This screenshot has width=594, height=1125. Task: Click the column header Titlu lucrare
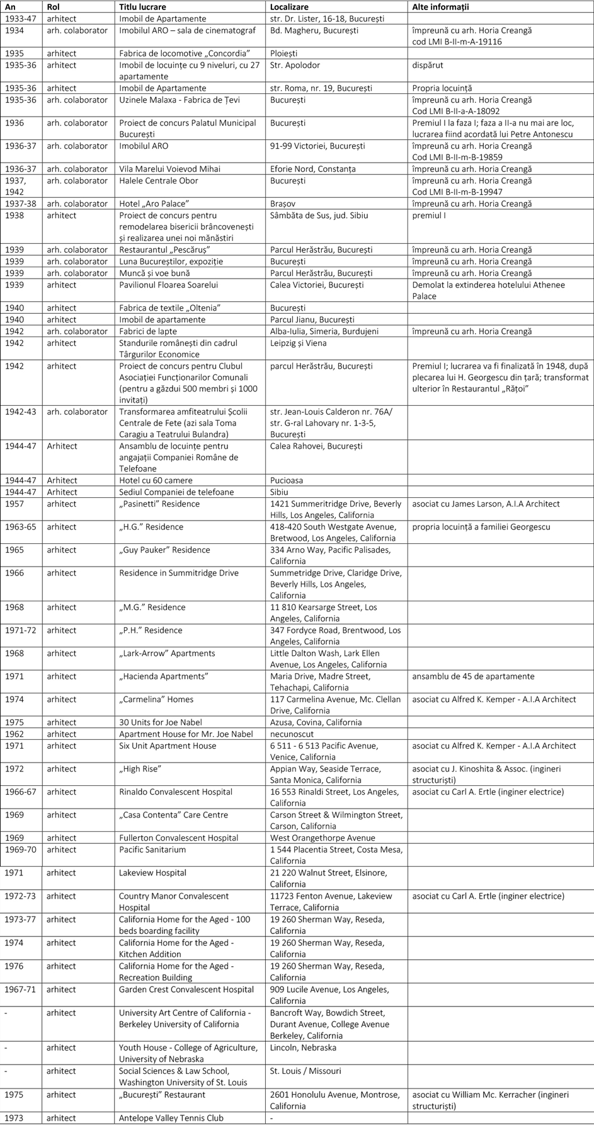coord(145,7)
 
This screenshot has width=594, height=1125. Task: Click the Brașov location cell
coord(283,204)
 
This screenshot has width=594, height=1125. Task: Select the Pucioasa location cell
coord(287,480)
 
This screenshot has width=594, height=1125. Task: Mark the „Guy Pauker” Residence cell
coord(164,550)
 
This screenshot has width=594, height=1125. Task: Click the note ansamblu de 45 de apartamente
coord(473,676)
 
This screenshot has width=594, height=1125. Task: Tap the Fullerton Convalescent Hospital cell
coord(179,838)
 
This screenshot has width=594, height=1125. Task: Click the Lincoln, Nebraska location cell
coord(303,1047)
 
